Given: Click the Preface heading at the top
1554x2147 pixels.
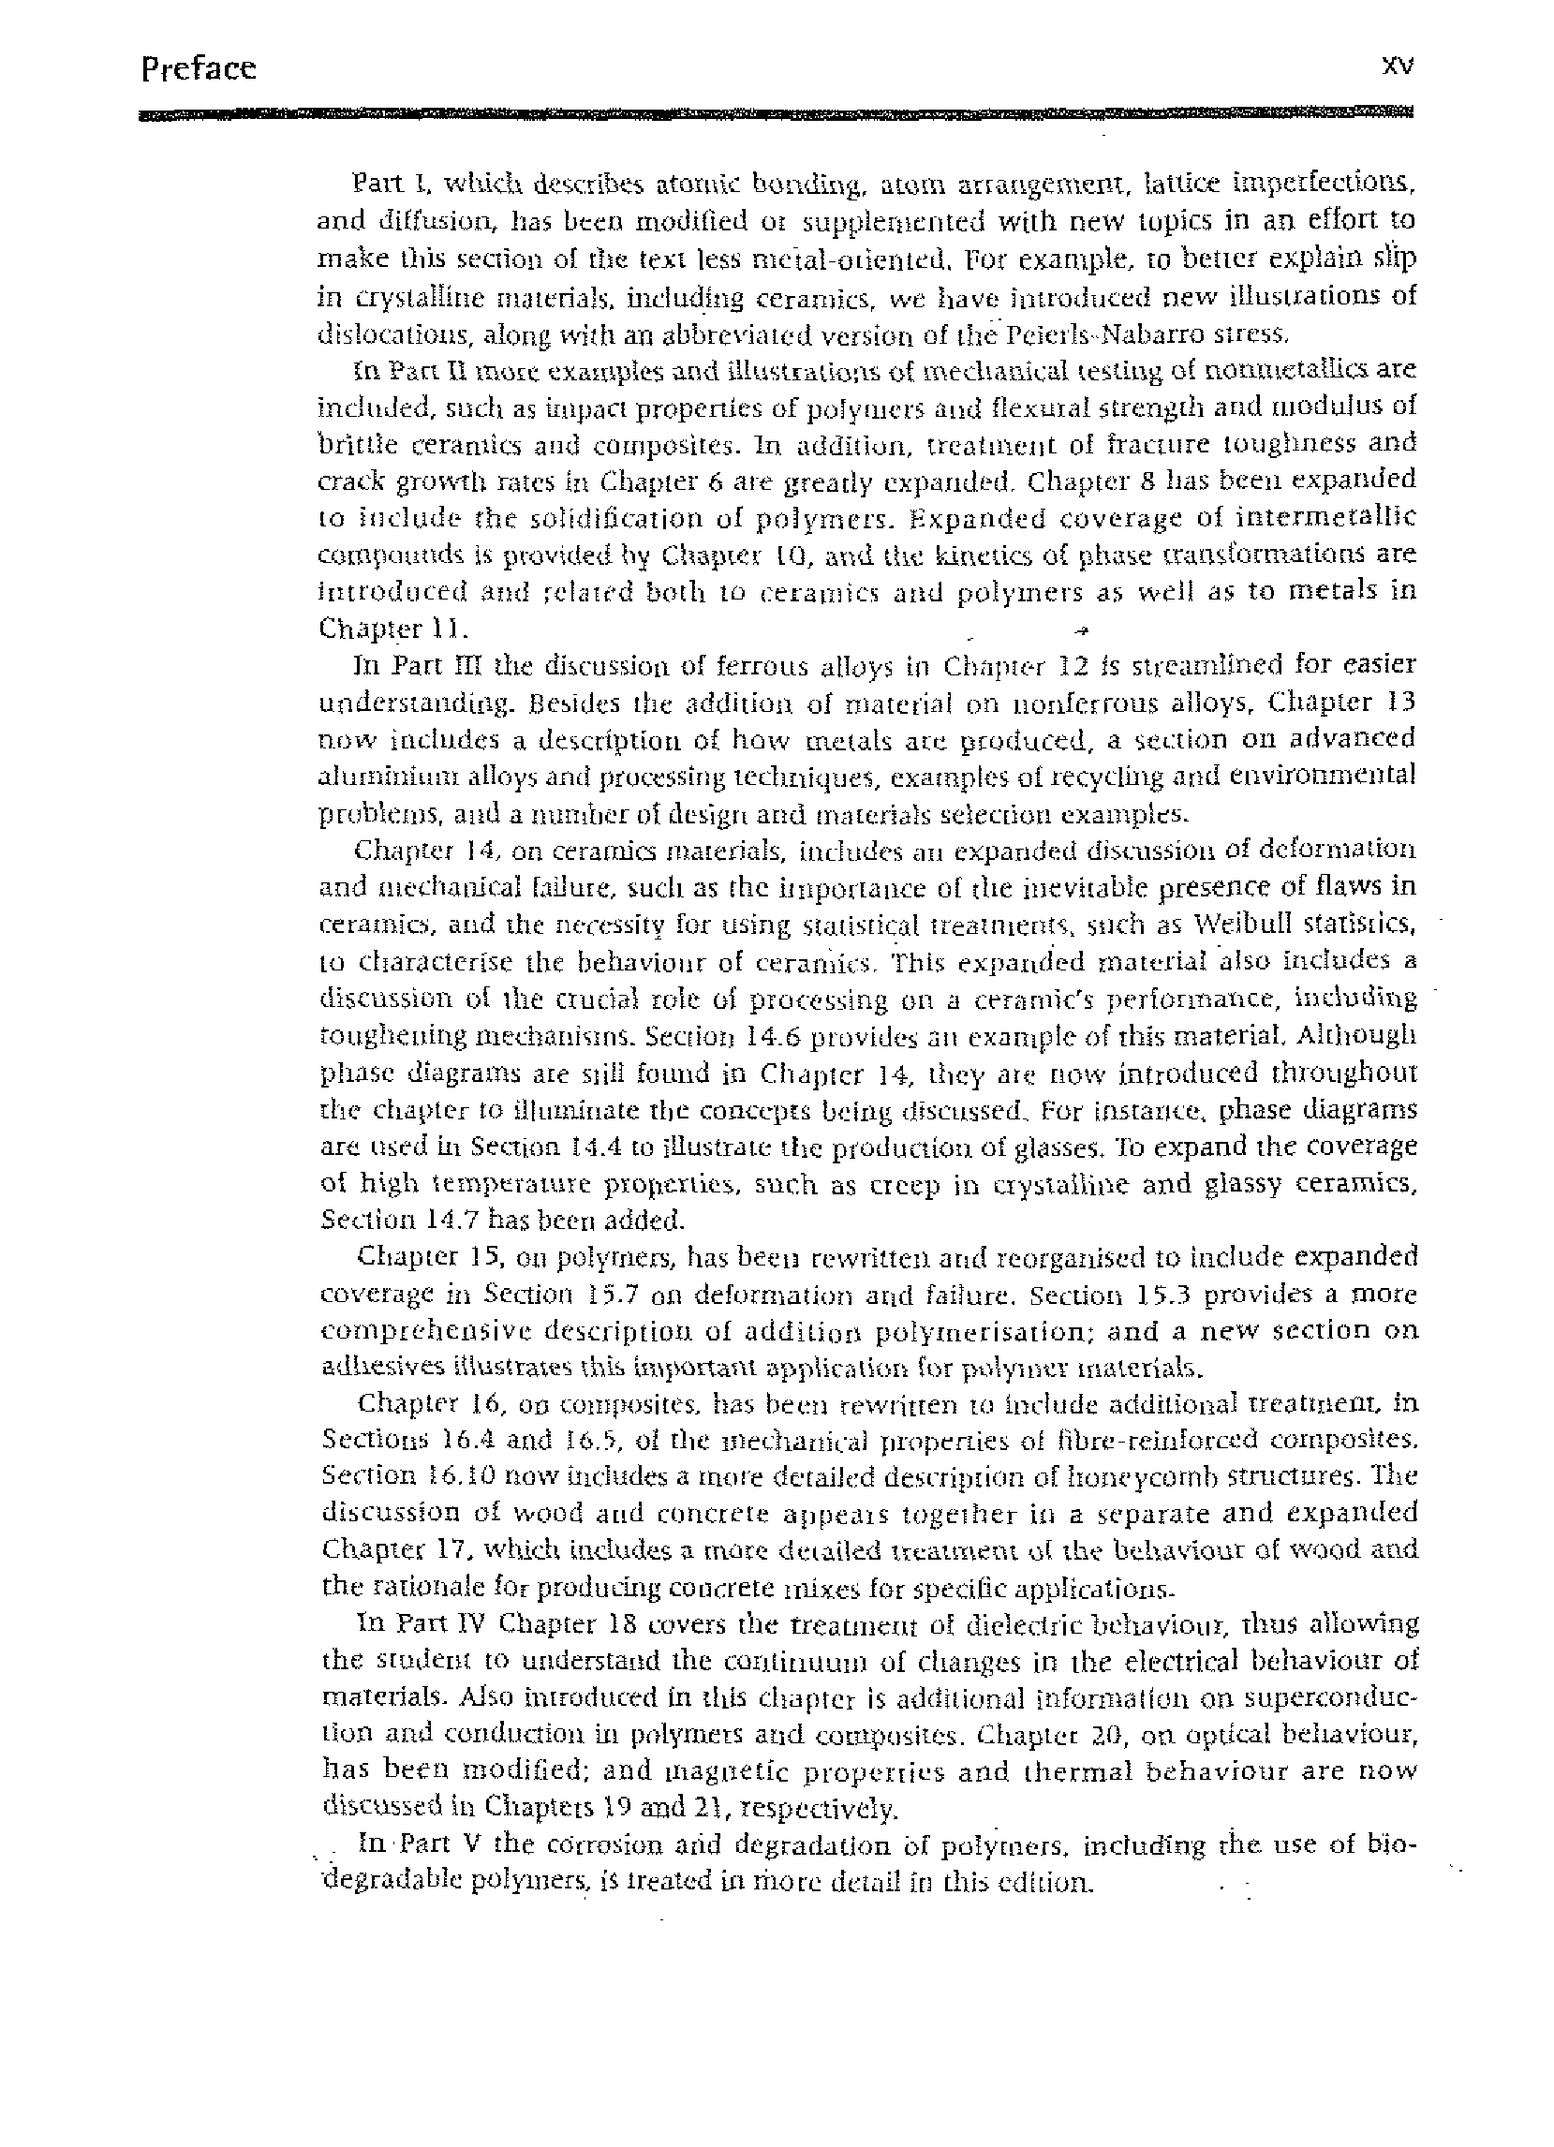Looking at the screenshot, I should point(198,69).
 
